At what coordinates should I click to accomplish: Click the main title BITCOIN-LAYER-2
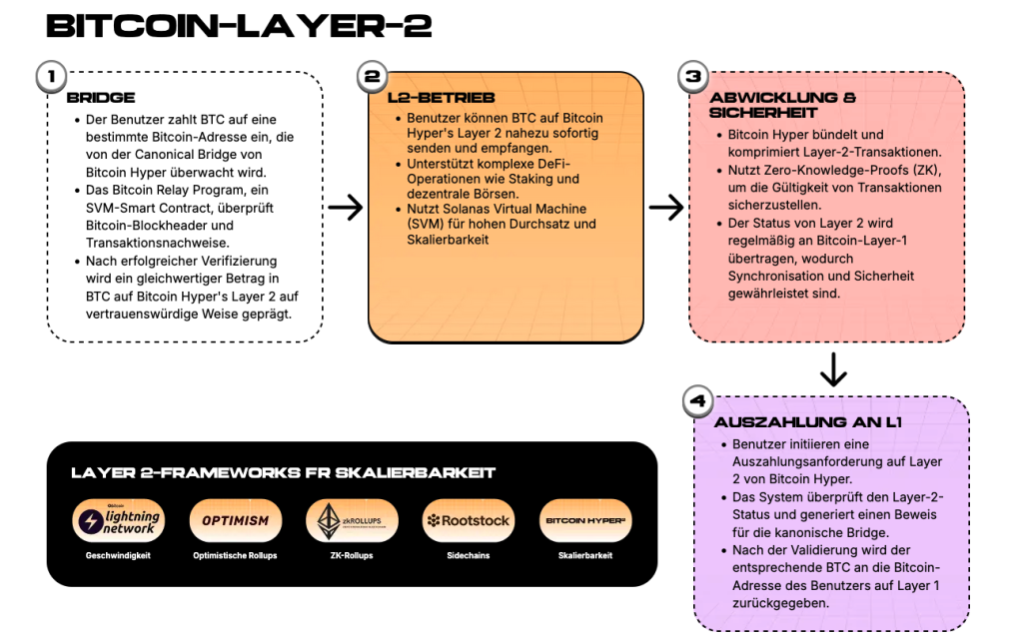(x=239, y=26)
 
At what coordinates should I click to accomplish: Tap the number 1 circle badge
(x=52, y=76)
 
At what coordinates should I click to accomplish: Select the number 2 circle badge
(x=373, y=76)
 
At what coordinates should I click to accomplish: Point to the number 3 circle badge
(x=693, y=76)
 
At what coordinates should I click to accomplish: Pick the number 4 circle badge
(x=698, y=400)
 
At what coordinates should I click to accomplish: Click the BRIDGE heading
(x=101, y=98)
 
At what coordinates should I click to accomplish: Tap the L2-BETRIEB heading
(x=441, y=98)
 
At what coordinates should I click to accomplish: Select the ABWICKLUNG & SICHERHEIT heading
(x=783, y=105)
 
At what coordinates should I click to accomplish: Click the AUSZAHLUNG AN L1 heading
(x=808, y=422)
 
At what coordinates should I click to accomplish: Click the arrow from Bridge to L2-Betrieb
(x=345, y=208)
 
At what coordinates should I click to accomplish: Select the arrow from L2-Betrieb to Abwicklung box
(x=666, y=208)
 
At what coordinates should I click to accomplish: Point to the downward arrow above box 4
(x=833, y=369)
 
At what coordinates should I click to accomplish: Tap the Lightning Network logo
(x=118, y=520)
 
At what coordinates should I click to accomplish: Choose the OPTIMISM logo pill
(x=236, y=520)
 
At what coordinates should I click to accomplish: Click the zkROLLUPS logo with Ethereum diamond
(x=353, y=520)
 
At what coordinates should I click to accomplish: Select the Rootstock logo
(x=469, y=520)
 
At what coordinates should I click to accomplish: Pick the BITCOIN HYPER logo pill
(x=585, y=520)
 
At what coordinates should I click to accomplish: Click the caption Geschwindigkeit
(x=118, y=555)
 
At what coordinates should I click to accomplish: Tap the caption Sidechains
(x=469, y=555)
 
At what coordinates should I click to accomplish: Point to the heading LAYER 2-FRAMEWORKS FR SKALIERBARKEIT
(x=283, y=473)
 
